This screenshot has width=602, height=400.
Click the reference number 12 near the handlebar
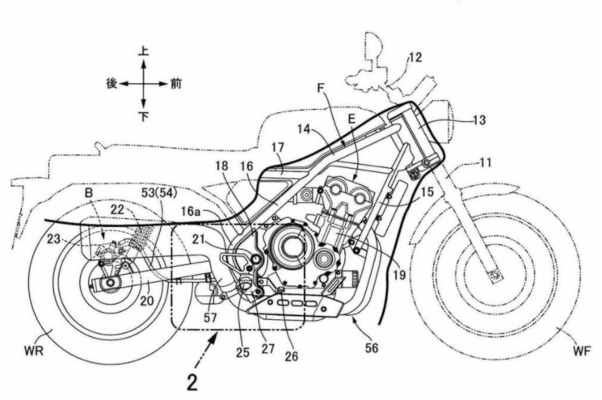[x=415, y=57]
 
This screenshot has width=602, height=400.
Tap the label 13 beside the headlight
[x=478, y=120]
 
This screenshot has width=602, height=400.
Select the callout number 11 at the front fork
[x=486, y=162]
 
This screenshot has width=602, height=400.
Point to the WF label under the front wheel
[x=582, y=351]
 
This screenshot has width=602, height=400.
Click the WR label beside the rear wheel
[x=33, y=352]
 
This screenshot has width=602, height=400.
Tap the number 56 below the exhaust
[x=371, y=348]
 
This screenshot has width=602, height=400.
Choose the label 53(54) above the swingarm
[x=159, y=192]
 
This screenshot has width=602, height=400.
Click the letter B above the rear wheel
[x=89, y=193]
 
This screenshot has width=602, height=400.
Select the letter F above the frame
[x=321, y=88]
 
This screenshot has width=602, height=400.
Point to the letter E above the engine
[x=352, y=120]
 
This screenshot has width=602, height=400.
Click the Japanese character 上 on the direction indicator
[x=144, y=52]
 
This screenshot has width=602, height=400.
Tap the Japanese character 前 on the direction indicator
[x=176, y=84]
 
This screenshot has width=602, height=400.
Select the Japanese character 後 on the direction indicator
[x=112, y=83]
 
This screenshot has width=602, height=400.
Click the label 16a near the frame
[x=191, y=212]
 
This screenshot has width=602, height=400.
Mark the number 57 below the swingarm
[x=210, y=318]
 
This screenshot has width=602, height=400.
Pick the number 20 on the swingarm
[x=146, y=301]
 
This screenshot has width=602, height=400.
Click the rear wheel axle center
[x=111, y=283]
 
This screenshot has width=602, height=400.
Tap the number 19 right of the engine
[x=399, y=275]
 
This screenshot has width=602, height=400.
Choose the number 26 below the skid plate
[x=291, y=356]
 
